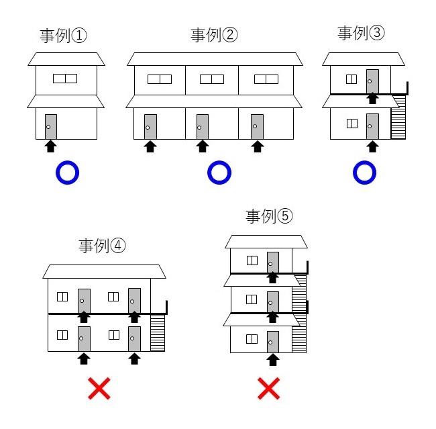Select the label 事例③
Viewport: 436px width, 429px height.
point(362,33)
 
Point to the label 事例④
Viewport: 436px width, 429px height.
point(103,246)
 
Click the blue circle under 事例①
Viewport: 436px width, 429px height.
point(67,173)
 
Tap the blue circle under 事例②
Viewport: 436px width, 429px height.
point(219,173)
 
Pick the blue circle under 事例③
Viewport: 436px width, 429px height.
point(364,173)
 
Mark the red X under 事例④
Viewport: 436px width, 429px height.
point(99,389)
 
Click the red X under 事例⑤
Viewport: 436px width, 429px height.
point(269,387)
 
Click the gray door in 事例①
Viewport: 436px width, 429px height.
point(50,126)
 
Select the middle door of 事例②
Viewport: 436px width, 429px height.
point(201,126)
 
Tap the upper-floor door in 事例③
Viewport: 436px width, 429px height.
point(372,81)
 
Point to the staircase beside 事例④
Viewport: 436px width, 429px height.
point(158,332)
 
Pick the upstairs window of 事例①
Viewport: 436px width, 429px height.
point(65,78)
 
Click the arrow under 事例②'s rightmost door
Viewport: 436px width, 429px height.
point(257,146)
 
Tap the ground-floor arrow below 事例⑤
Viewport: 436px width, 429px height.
point(272,360)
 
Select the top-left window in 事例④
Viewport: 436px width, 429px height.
point(62,296)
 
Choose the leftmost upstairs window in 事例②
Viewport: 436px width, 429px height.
point(160,79)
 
